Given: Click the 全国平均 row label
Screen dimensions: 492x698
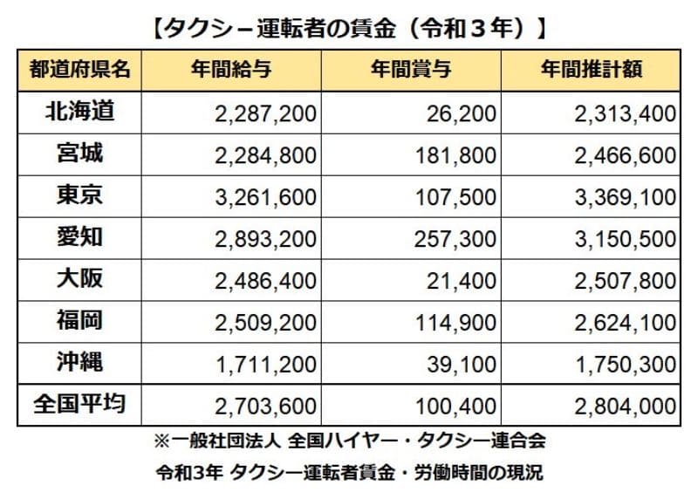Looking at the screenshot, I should [x=79, y=405].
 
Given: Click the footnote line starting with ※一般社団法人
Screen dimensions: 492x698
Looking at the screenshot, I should [x=348, y=435].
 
